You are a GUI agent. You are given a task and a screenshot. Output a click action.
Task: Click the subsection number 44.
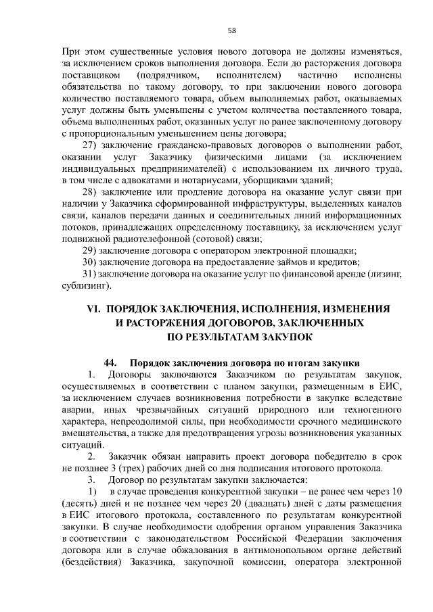[x=112, y=362]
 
